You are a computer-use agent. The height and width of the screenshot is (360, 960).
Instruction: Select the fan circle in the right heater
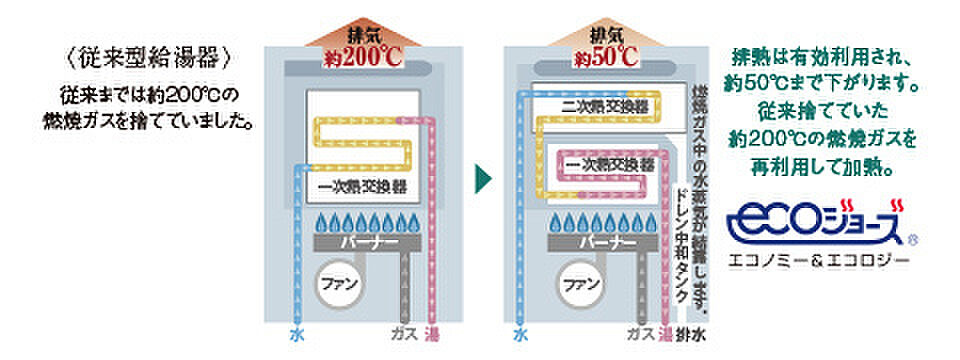[582, 283]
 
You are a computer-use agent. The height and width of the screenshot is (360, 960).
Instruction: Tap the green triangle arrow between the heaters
[482, 180]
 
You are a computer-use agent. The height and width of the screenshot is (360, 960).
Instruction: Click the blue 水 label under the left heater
[297, 333]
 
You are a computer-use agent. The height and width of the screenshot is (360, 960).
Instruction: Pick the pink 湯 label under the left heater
[433, 333]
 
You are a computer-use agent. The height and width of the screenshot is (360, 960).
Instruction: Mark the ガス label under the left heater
[405, 333]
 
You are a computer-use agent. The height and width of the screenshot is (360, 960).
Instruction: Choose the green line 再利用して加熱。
[822, 157]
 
